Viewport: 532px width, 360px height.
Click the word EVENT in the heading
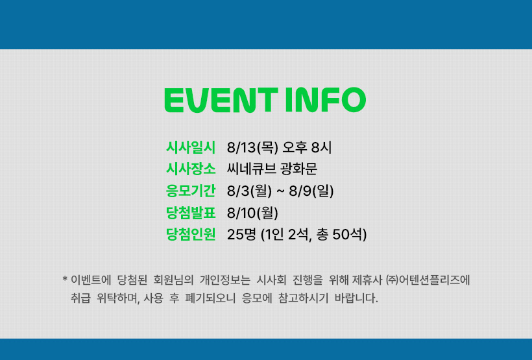point(221,100)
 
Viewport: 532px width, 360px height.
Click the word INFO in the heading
point(326,100)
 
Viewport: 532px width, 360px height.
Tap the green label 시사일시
point(191,147)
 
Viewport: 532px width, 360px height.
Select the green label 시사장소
point(191,169)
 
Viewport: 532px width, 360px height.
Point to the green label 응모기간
point(191,191)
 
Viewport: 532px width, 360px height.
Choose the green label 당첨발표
point(191,213)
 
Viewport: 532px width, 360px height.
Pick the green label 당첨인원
point(191,234)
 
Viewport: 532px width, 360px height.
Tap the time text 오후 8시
point(307,147)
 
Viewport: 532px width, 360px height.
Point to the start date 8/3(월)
point(249,191)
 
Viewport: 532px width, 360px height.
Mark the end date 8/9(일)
point(311,191)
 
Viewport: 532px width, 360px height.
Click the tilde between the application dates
point(280,191)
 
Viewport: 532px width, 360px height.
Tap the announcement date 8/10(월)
point(253,213)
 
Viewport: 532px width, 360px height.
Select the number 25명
point(241,234)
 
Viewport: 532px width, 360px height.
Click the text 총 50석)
point(341,235)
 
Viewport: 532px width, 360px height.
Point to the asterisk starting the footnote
point(65,280)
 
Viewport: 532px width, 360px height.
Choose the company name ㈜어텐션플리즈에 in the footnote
point(428,280)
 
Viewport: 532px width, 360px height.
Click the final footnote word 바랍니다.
point(356,298)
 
